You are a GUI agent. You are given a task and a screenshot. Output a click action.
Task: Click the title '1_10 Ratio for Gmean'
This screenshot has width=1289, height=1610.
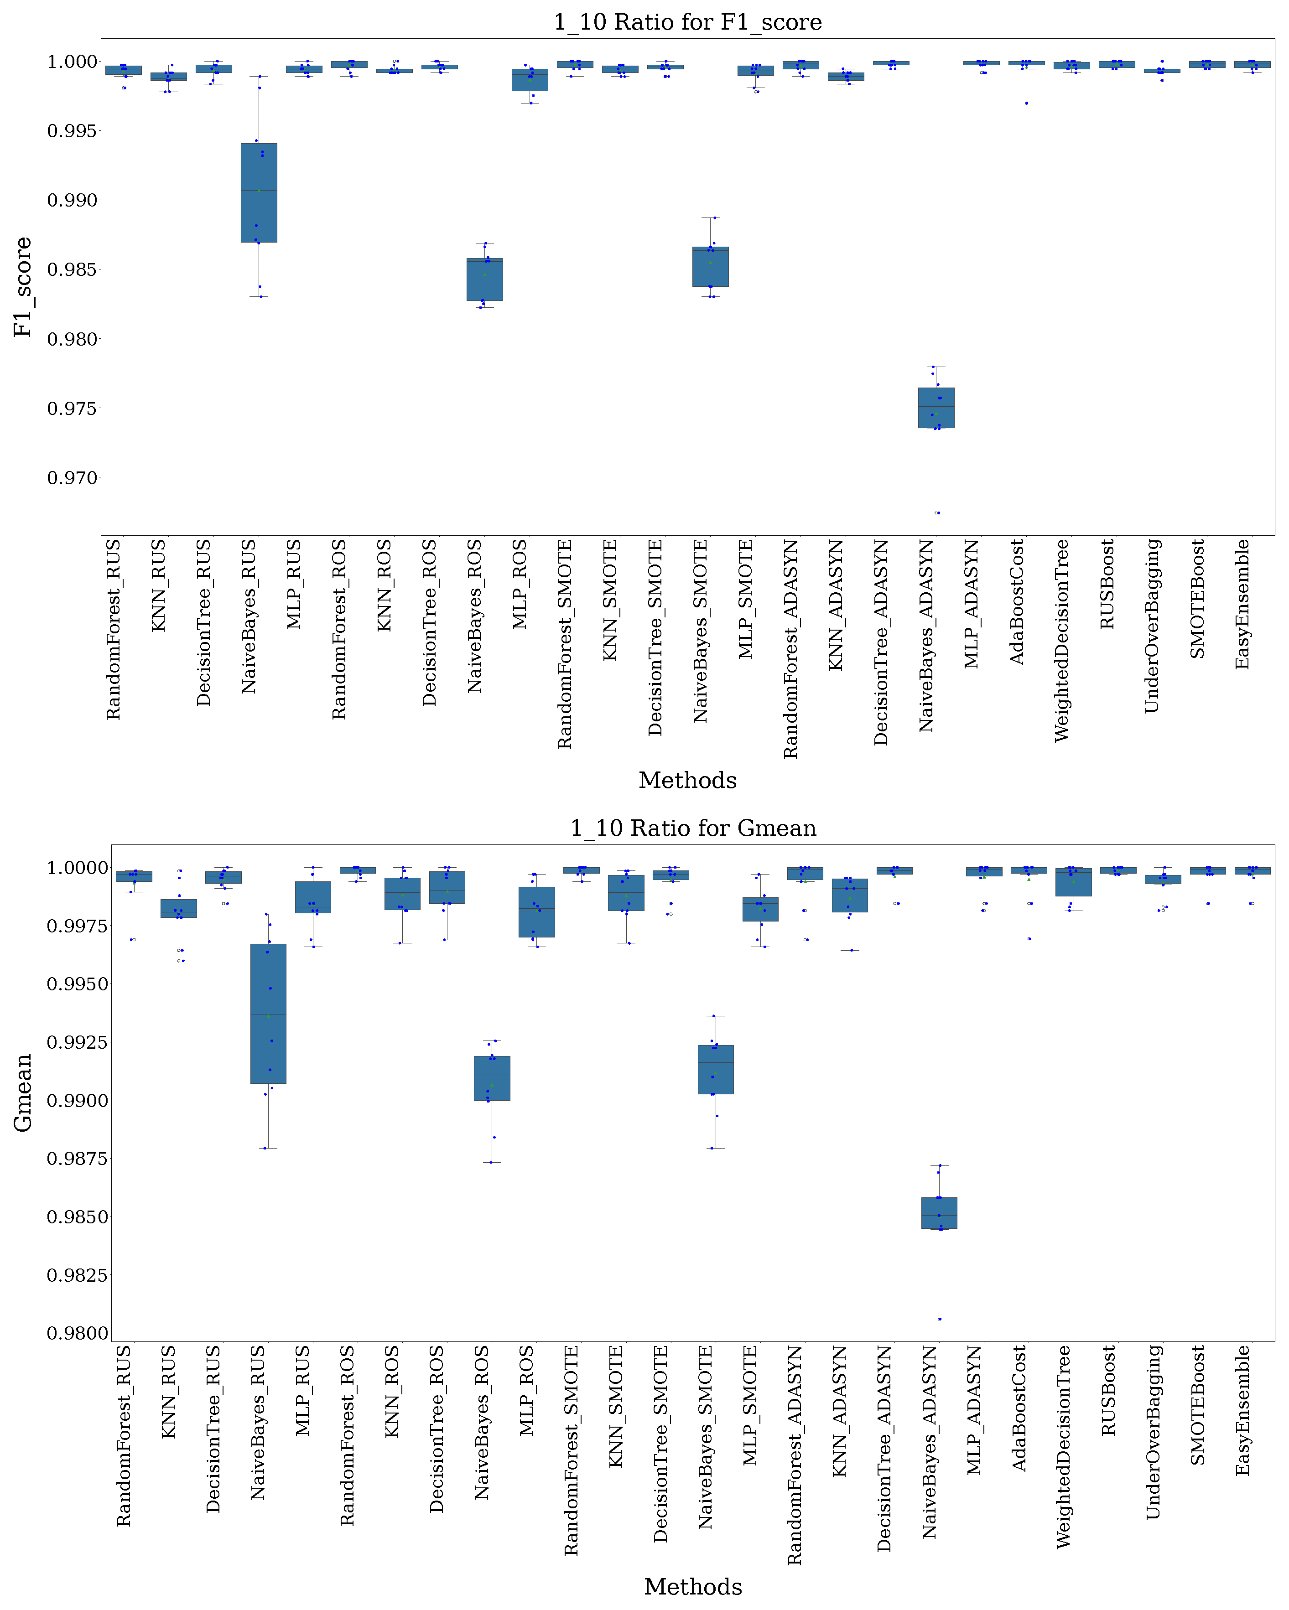[x=692, y=828]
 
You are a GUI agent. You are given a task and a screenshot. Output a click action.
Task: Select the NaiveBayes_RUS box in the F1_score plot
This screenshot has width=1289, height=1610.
[x=259, y=193]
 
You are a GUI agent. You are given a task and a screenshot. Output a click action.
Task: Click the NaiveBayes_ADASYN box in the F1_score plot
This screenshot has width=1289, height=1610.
[x=936, y=408]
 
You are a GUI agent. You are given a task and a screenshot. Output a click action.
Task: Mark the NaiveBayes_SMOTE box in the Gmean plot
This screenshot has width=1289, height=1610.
[x=716, y=1069]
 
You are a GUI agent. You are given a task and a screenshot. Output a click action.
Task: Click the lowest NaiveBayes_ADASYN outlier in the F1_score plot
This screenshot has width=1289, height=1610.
[x=938, y=513]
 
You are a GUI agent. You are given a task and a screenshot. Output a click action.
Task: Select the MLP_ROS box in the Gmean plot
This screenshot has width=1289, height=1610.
[x=536, y=912]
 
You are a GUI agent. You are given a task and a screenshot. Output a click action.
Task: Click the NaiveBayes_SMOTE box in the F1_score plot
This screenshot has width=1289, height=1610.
[x=710, y=267]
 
